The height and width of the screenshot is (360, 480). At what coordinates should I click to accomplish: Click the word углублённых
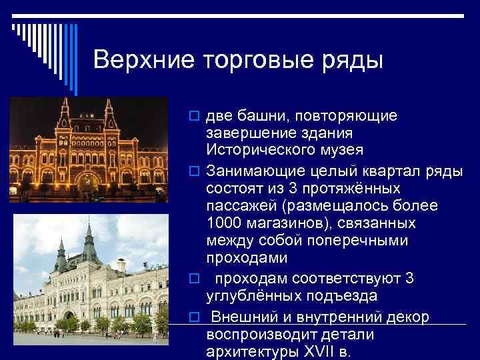(257, 295)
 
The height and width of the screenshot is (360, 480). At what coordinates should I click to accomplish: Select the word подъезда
(345, 295)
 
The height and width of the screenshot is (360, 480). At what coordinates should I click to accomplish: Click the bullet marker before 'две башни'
(193, 117)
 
